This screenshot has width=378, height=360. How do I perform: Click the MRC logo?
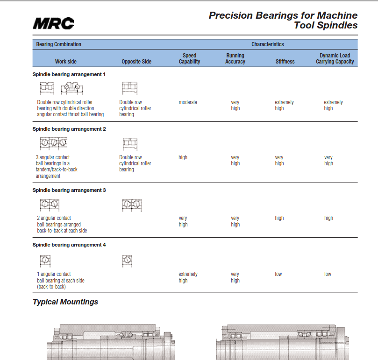[x=53, y=23]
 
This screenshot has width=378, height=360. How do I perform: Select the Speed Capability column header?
[x=190, y=58]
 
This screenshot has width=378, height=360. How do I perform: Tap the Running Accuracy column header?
[x=235, y=58]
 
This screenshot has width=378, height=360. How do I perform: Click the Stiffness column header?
[x=285, y=62]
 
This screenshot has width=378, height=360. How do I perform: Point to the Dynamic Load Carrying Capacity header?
[x=335, y=58]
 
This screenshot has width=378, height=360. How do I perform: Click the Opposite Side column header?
[x=136, y=62]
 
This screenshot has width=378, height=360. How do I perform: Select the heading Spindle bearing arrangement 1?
[x=69, y=74]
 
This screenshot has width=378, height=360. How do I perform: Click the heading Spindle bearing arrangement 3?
[x=69, y=190]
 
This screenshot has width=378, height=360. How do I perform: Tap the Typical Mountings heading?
[x=65, y=302]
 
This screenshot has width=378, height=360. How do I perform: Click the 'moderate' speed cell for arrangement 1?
[x=188, y=102]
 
